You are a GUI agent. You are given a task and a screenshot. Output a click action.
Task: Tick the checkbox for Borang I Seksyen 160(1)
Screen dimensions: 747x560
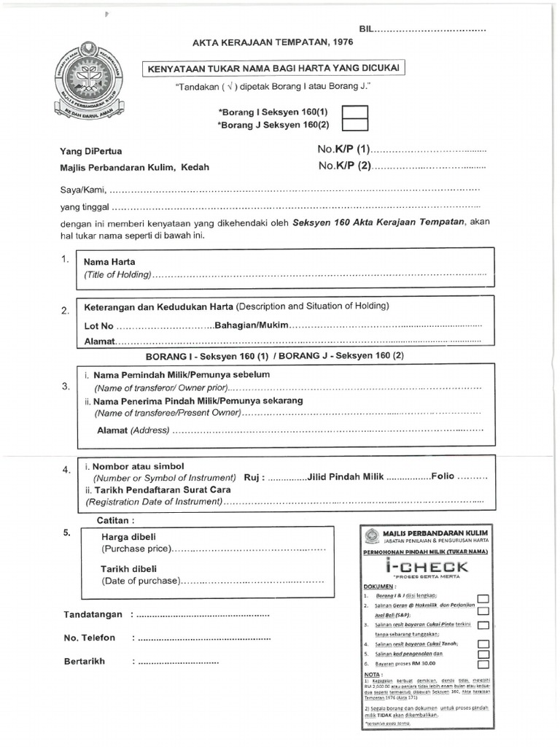[x=355, y=113]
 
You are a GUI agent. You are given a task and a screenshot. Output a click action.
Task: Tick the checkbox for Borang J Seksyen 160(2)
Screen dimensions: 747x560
[x=355, y=125]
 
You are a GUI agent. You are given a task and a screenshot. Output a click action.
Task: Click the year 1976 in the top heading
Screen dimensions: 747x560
[x=338, y=43]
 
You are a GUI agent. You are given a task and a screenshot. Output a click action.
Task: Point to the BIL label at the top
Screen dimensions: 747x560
[x=366, y=28]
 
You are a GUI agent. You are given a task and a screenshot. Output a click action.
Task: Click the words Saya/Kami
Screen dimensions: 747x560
[x=82, y=190]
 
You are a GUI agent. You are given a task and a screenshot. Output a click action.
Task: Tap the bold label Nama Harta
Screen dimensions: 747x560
[x=109, y=262]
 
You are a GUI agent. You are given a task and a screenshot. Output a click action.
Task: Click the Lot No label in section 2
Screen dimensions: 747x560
[x=99, y=326]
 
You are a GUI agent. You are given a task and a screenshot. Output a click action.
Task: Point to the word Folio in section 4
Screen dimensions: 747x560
[x=443, y=476]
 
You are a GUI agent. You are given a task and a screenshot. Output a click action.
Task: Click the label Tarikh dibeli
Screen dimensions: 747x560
[x=128, y=569]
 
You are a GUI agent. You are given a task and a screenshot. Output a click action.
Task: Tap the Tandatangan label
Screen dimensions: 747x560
[x=93, y=614]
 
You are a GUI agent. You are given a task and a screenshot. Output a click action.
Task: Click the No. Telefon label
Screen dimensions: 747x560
[x=90, y=638]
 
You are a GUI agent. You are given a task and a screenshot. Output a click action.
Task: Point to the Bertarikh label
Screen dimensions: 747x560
[x=85, y=661]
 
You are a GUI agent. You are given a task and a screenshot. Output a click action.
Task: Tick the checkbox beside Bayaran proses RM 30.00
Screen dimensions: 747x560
[x=482, y=665]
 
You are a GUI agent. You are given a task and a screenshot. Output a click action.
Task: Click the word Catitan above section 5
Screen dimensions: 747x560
[x=116, y=520]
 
